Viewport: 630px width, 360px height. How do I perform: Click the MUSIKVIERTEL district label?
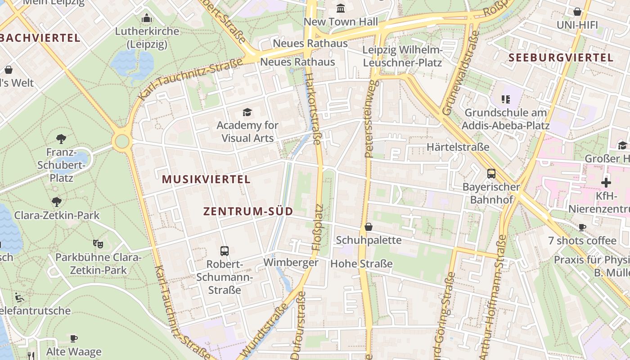coord(206,179)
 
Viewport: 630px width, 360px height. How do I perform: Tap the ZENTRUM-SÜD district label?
coord(248,211)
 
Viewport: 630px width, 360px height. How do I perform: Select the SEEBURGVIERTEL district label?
coord(561,58)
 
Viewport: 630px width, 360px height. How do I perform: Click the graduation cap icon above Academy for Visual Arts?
coord(247,112)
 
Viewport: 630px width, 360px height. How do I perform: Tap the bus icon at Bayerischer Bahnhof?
coord(491,174)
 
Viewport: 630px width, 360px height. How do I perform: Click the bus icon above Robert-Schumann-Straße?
coord(225,251)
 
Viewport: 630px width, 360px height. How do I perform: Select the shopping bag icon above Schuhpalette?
coord(369,227)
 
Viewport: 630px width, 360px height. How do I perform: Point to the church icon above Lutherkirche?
coord(147,18)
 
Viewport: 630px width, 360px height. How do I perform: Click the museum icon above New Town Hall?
coord(341,9)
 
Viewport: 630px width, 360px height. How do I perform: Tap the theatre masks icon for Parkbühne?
coord(98,244)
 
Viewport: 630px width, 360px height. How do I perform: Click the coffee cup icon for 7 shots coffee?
coord(582,227)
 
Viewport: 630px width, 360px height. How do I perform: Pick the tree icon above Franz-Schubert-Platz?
coord(61,139)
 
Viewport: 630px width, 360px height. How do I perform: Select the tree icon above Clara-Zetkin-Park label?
coord(57,202)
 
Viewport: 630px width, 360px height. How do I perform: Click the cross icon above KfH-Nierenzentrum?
coord(606,183)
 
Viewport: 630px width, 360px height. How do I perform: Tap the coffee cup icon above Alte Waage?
coord(74,338)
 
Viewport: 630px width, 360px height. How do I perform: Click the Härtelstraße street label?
coord(458,147)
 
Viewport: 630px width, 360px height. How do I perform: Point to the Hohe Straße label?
coord(361,264)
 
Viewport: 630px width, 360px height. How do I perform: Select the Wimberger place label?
coord(291,262)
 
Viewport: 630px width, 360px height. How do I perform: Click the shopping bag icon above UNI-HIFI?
coord(577,12)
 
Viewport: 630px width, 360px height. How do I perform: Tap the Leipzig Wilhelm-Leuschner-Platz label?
coord(402,56)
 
